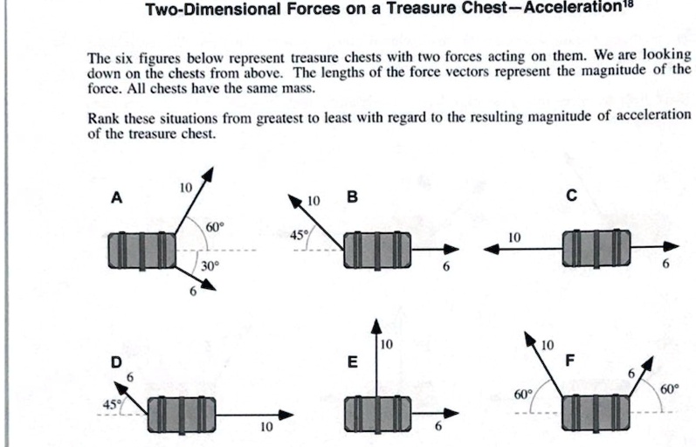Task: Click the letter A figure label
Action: pos(116,198)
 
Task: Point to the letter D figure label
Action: pos(114,361)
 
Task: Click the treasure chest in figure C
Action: pos(595,250)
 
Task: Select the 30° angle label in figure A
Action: pos(210,266)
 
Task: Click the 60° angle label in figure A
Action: pos(215,227)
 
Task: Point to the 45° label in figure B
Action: pos(300,235)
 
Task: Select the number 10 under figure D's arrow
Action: pos(266,428)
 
